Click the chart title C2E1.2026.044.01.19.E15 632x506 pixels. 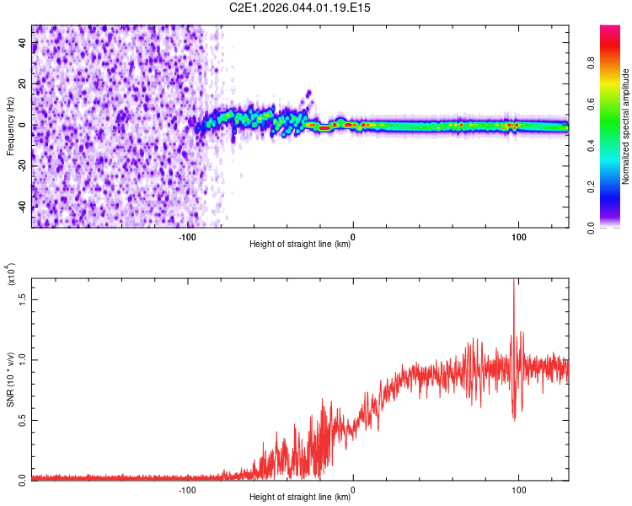click(300, 8)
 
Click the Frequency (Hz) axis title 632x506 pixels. click(10, 126)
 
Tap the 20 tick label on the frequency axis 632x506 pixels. click(23, 84)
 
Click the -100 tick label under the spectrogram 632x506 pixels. click(187, 237)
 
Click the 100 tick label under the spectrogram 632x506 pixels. click(519, 237)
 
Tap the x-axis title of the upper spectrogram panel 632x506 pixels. click(300, 245)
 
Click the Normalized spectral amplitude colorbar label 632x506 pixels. click(626, 126)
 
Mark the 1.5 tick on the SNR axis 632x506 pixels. click(23, 299)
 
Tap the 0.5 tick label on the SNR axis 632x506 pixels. click(23, 420)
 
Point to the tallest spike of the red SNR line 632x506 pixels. click(513, 282)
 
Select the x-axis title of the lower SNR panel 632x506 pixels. click(300, 498)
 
